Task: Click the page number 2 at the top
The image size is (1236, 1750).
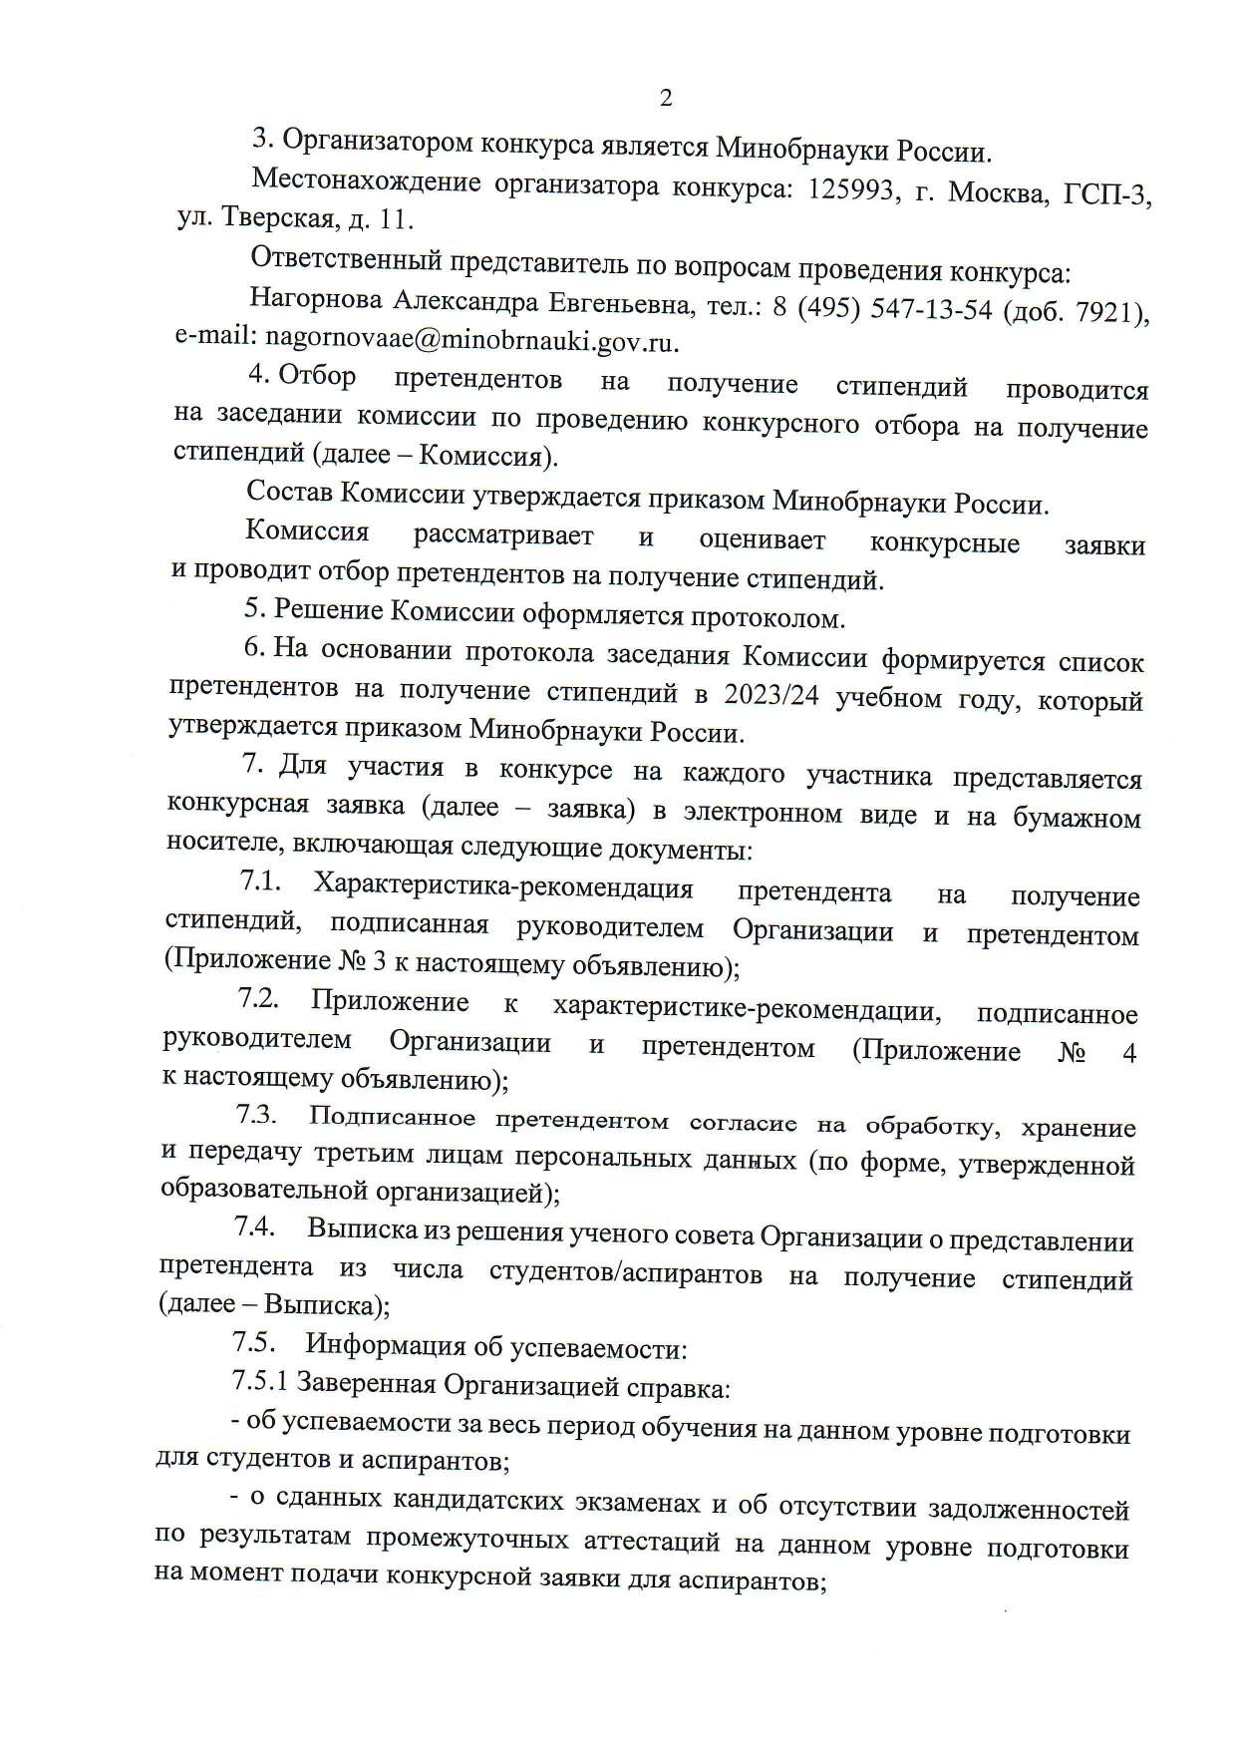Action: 666,98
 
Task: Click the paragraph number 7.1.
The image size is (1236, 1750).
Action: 260,881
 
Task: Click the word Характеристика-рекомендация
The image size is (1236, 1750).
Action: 503,886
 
